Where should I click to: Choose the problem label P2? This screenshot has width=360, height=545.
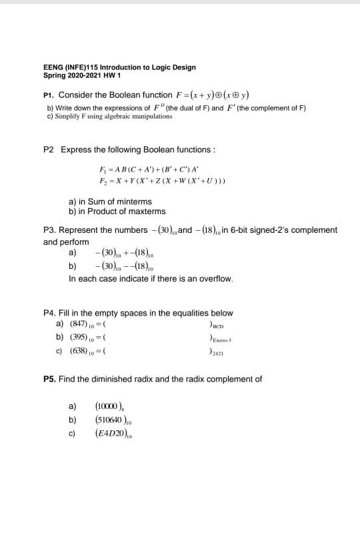[49, 149]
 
